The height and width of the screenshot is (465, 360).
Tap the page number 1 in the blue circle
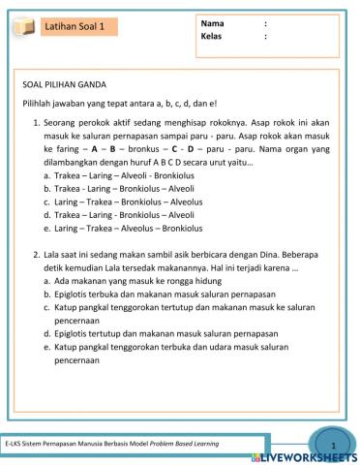332,446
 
